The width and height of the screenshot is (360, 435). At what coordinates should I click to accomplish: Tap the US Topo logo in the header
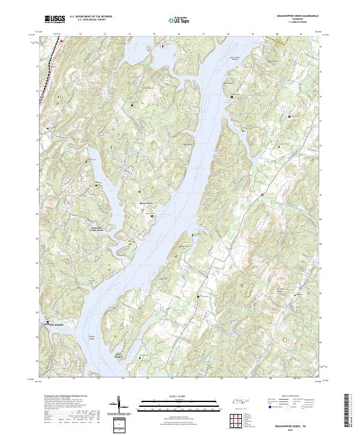181,20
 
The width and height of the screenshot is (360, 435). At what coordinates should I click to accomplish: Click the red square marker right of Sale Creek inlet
262,194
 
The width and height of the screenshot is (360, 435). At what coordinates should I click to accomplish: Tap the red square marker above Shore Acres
140,192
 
